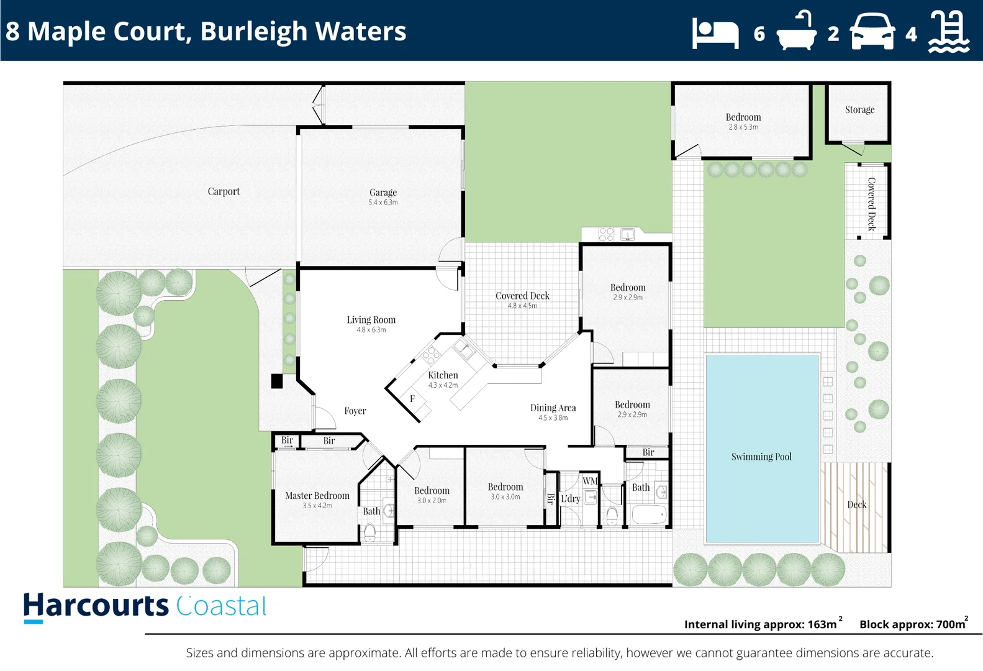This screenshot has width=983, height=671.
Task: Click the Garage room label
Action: [x=383, y=193]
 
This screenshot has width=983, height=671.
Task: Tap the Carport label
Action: [x=224, y=191]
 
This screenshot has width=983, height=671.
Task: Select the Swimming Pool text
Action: [x=761, y=457]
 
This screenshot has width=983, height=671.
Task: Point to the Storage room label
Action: [x=859, y=110]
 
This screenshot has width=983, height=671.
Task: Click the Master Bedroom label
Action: [x=317, y=496]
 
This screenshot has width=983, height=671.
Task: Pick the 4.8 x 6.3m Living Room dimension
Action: [x=371, y=330]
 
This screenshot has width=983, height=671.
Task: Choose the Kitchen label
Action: [x=443, y=375]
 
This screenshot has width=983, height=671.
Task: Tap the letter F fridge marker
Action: [x=412, y=399]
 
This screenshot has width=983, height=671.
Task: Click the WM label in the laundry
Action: [x=589, y=481]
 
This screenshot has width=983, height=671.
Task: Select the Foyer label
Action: [x=355, y=411]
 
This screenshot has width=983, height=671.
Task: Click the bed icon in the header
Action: [x=715, y=33]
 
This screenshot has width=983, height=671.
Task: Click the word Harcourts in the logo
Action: [x=96, y=606]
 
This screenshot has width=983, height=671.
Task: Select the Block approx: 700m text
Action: [x=912, y=624]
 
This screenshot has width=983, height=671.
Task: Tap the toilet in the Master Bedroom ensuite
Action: [x=369, y=532]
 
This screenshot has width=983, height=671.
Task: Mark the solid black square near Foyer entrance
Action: [x=277, y=381]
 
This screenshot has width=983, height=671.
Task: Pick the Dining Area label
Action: [x=553, y=408]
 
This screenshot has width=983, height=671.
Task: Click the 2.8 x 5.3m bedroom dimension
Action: [x=743, y=127]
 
